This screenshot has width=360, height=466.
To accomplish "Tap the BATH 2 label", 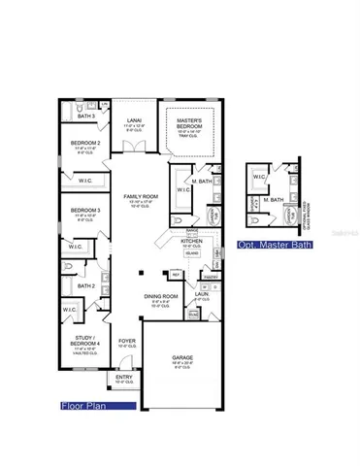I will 85,286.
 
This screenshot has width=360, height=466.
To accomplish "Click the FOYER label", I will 126,342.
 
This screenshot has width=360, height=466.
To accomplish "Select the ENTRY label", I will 123,381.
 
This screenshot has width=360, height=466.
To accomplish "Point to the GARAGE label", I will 180,356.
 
